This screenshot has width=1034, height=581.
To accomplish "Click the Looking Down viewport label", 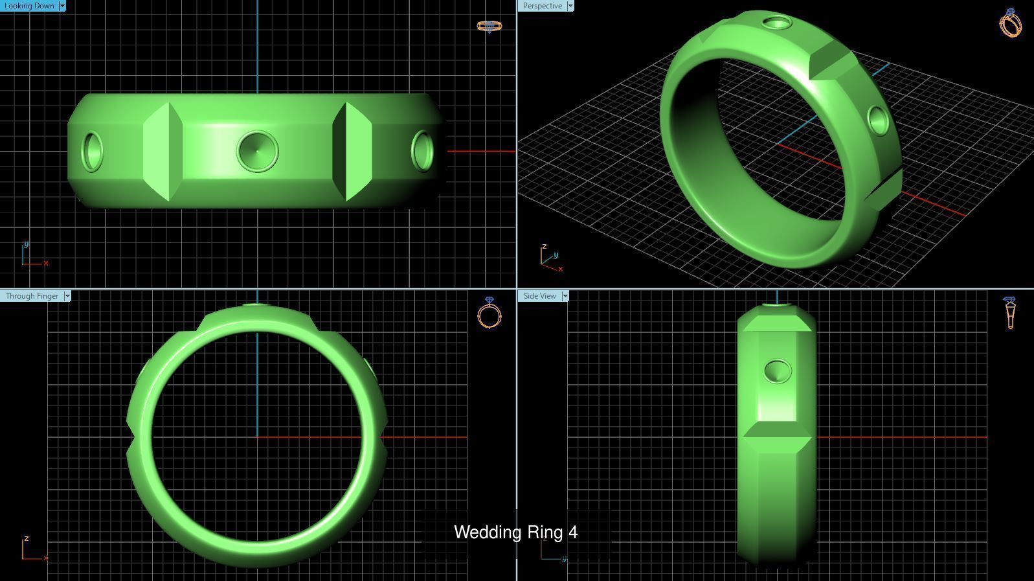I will [29, 6].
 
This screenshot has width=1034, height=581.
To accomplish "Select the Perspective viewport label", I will [542, 6].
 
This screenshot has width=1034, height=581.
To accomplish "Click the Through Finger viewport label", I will [32, 296].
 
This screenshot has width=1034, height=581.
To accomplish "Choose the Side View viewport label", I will [539, 296].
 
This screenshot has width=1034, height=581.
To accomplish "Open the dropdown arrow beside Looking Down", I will [62, 6].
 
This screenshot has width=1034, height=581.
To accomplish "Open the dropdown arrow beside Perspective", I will [570, 6].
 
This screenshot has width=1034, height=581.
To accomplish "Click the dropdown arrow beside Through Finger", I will [67, 296].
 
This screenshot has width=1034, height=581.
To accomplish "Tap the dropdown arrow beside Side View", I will [565, 296].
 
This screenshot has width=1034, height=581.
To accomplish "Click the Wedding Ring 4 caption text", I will [515, 532].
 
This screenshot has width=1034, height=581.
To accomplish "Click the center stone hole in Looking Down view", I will [257, 151].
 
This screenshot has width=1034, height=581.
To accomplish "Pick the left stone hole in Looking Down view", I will [93, 152].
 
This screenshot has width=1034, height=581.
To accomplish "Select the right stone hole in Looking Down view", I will [422, 151].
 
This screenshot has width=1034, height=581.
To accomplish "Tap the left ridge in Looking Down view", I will [163, 151].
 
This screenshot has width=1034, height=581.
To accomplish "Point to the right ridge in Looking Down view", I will [352, 151].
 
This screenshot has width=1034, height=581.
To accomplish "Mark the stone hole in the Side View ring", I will [778, 371].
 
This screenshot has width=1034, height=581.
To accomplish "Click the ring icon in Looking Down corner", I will [489, 26].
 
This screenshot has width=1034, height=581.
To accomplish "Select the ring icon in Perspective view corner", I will [1011, 23].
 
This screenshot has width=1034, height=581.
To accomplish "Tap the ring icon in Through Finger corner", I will [489, 313].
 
